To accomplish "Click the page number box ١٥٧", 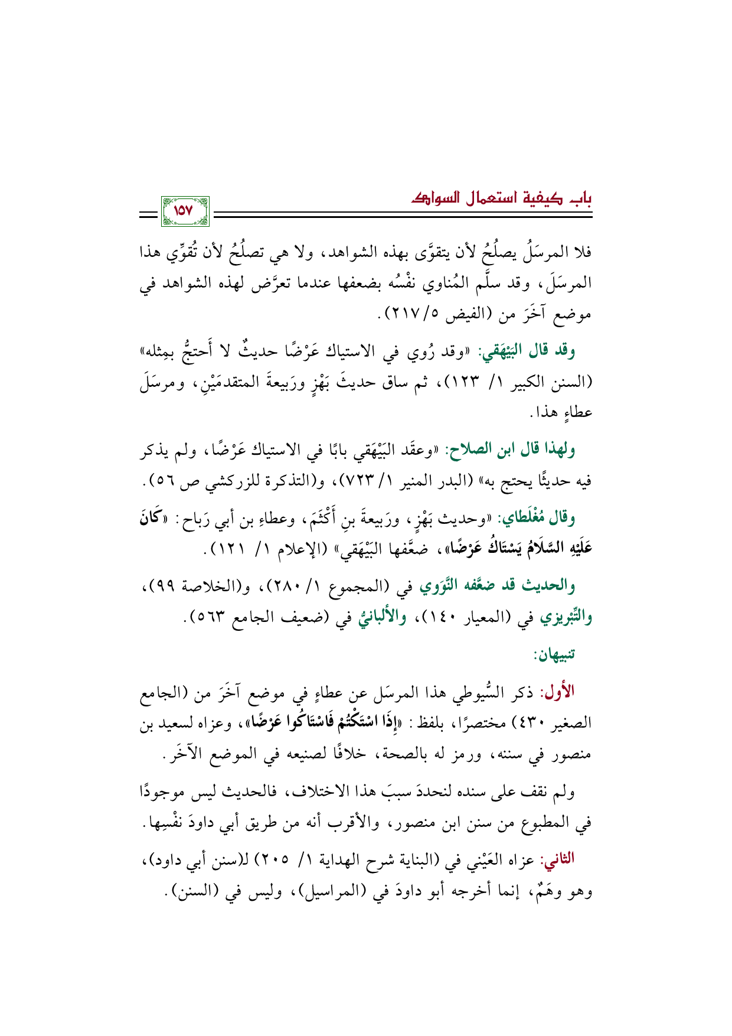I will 184,210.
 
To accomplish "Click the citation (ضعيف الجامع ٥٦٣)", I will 263,619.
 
